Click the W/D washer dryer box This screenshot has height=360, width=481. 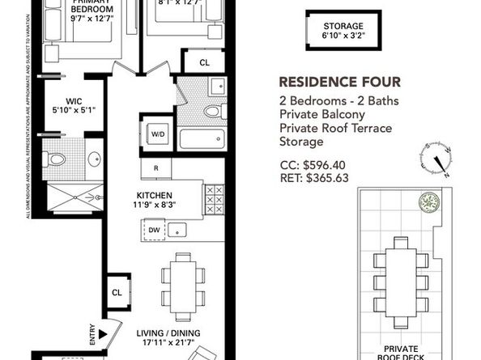(x=156, y=135)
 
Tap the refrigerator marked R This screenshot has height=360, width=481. (x=155, y=168)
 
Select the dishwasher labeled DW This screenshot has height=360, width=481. (x=154, y=231)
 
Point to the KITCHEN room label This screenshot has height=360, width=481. (x=156, y=195)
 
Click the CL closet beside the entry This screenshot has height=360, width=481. (x=117, y=293)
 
